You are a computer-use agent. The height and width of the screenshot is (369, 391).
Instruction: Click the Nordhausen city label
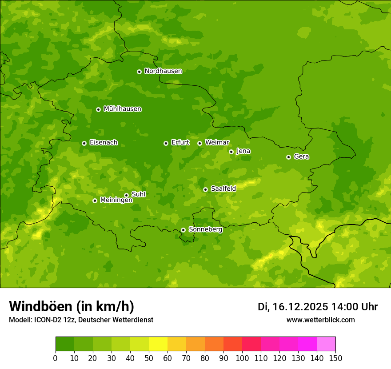point(163,71)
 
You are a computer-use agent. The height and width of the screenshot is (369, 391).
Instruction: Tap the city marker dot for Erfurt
point(166,143)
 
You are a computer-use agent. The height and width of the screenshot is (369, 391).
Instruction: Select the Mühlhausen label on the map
point(122,109)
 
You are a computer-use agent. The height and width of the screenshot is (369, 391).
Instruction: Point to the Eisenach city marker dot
point(84,143)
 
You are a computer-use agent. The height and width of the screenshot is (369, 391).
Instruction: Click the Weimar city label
point(217,143)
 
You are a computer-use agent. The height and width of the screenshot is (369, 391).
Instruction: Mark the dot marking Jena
point(231,152)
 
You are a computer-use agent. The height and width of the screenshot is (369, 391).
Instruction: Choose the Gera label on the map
point(301,156)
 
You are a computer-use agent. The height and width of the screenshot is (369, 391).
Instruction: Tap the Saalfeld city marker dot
point(205,189)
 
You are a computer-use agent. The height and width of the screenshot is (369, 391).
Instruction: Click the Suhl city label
point(138,194)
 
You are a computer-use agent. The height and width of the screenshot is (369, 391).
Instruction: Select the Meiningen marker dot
point(95,201)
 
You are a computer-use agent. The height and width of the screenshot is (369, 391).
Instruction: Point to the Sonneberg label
point(205,229)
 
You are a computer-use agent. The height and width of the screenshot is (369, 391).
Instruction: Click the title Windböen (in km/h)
point(72,307)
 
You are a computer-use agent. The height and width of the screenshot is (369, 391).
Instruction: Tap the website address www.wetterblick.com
point(320,320)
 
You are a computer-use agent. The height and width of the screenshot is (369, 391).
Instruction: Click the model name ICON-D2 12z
point(54,320)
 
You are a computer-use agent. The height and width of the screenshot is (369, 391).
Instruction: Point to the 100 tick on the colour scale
point(242,358)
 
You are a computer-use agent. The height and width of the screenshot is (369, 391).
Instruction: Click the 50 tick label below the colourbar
point(148,358)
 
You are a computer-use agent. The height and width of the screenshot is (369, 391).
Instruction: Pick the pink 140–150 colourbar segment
point(326,344)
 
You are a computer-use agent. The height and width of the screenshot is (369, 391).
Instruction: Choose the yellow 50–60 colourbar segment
point(158,344)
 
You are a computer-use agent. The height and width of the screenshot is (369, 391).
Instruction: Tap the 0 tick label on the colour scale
point(56,358)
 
